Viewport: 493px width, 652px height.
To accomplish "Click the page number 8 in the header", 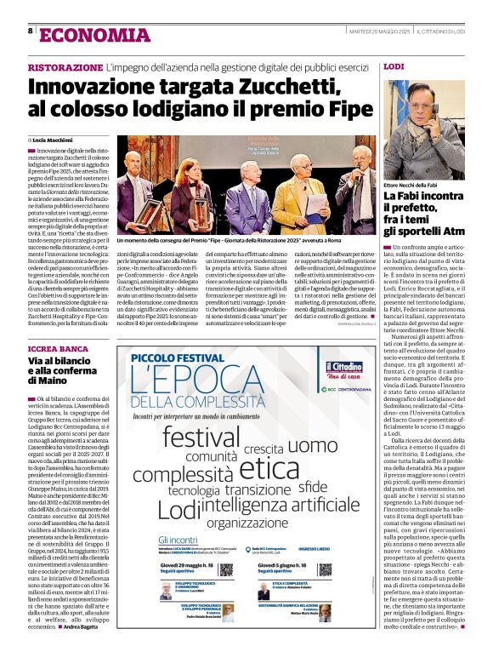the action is coord(31,31).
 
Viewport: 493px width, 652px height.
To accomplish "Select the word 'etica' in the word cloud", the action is coord(269,468).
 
